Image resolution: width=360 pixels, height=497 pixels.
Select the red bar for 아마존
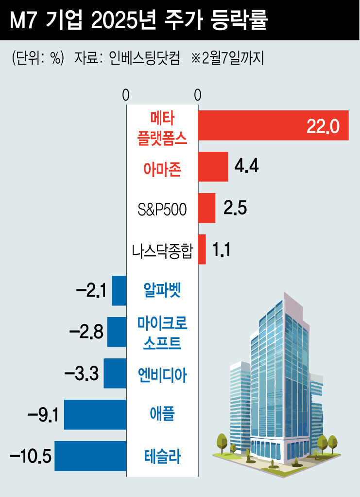click(x=213, y=167)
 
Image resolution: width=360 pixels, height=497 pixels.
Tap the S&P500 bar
click(x=206, y=208)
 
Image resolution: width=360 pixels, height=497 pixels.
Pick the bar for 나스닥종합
click(x=202, y=249)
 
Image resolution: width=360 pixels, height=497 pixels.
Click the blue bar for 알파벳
click(x=119, y=291)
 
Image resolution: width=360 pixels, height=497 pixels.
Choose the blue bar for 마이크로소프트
click(x=117, y=332)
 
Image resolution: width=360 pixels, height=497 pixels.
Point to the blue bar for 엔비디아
click(x=115, y=373)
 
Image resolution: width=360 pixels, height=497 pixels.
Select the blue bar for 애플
click(x=95, y=415)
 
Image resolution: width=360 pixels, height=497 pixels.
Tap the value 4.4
click(x=246, y=167)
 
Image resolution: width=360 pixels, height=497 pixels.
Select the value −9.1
click(x=43, y=415)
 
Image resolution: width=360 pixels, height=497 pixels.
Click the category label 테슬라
click(x=162, y=457)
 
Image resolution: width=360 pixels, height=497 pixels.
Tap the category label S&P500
click(x=162, y=209)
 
